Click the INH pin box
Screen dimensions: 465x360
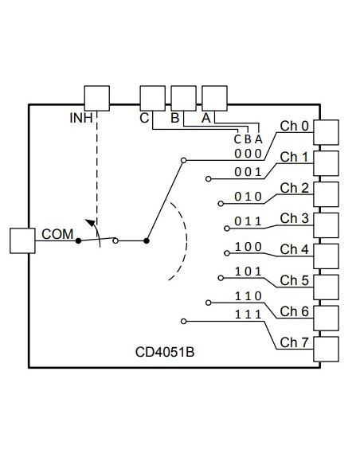(x=96, y=99)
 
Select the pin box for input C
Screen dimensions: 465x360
(x=152, y=99)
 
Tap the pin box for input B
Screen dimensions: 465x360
(x=183, y=99)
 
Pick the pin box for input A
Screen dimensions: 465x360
(x=214, y=99)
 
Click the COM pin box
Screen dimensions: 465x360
(x=22, y=240)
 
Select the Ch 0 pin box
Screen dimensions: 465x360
(x=327, y=132)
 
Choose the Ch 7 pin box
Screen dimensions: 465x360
(x=327, y=349)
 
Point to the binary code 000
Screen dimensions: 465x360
(x=247, y=153)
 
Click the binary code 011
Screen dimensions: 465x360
(x=247, y=221)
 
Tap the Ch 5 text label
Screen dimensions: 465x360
(x=294, y=280)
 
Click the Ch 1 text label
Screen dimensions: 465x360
(x=294, y=157)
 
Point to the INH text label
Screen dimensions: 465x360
(x=80, y=119)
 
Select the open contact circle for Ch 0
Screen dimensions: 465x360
(x=183, y=161)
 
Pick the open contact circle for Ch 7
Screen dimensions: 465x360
(x=183, y=321)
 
